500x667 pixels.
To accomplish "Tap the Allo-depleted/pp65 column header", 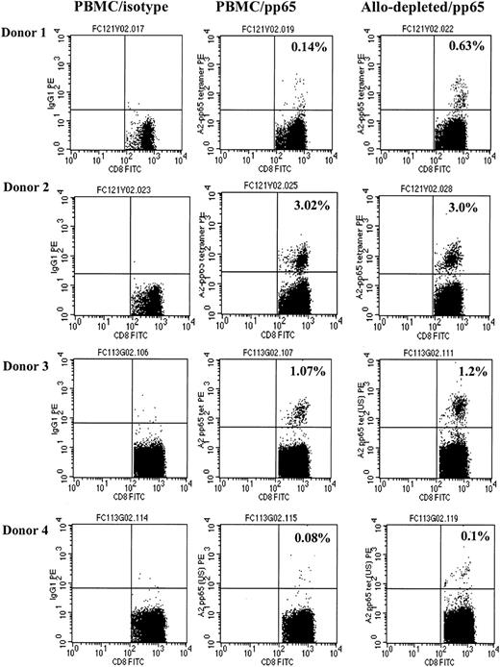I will coord(419,11).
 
